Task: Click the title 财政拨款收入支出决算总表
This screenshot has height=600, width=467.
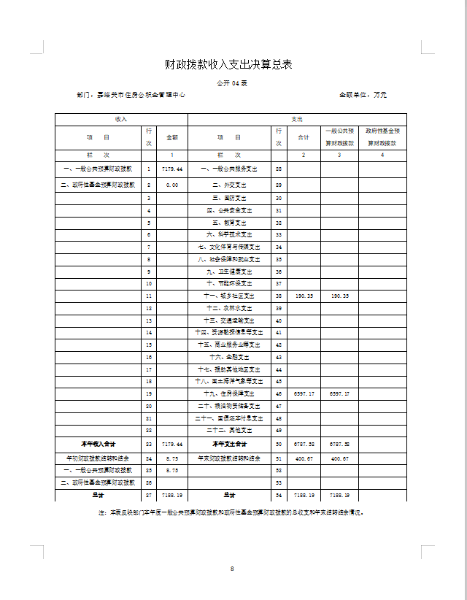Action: [228, 65]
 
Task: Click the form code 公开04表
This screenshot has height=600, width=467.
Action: [232, 84]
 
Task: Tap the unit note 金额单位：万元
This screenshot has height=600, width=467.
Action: [363, 95]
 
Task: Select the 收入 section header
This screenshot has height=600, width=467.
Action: [121, 118]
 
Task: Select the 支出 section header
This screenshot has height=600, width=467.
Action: [297, 118]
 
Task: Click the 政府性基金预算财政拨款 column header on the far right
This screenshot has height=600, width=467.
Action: [382, 136]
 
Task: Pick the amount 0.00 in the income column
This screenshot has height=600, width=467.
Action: [172, 185]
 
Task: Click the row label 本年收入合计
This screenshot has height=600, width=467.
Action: [99, 444]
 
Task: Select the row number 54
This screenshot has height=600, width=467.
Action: [279, 495]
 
